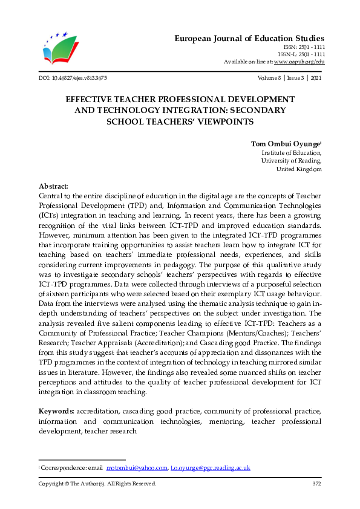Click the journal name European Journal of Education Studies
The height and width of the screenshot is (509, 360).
coord(249,38)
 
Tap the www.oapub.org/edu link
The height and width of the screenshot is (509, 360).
coord(299,62)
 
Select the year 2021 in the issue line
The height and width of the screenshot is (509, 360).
coord(315,78)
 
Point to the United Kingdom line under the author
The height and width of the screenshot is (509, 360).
coord(299,169)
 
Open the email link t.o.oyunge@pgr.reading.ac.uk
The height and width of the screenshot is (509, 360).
coord(210,468)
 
